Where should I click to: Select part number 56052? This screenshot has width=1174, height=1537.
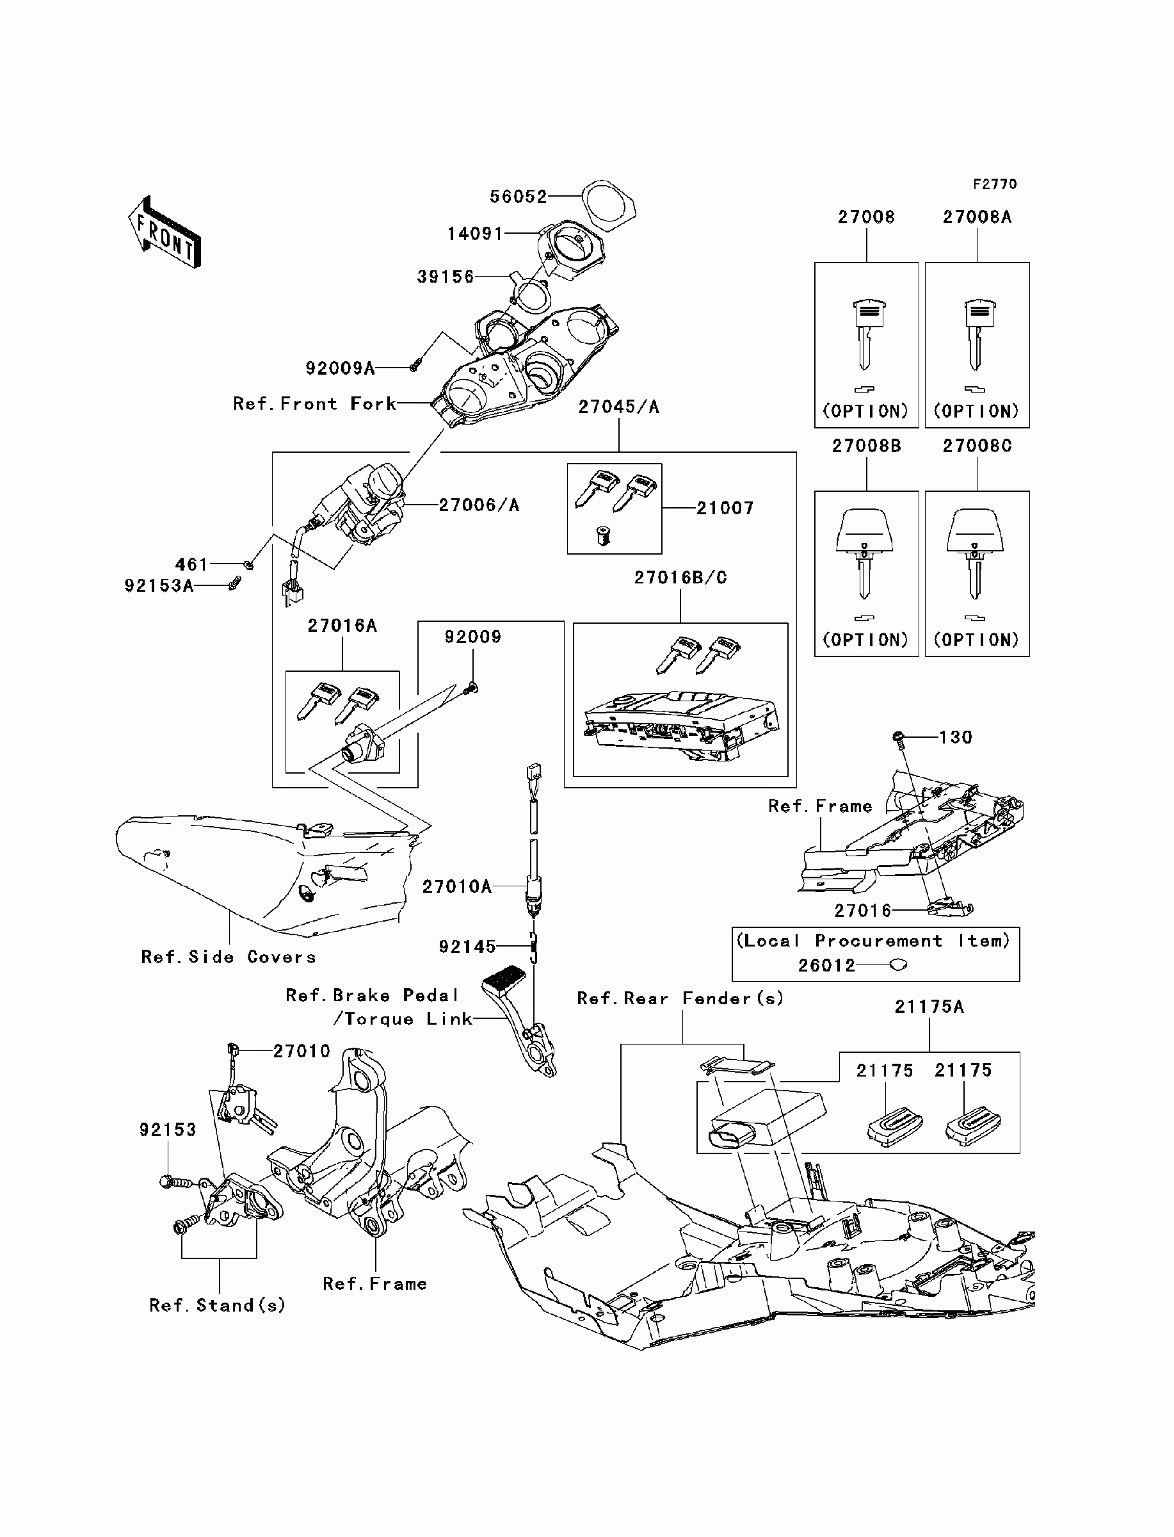point(518,197)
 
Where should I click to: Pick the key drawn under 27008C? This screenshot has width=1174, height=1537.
point(976,559)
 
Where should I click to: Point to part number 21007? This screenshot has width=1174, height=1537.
point(725,508)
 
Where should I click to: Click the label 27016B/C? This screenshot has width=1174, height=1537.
point(680,578)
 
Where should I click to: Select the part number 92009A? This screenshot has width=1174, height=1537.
point(341,368)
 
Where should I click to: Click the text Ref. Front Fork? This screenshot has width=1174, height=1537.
point(314,403)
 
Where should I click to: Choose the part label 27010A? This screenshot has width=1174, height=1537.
point(457,886)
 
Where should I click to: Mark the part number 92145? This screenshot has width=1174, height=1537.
point(467,947)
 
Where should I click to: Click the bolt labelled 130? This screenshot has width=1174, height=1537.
point(899,736)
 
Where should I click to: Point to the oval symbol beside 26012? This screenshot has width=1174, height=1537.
point(899,965)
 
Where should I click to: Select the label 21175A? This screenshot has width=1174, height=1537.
point(929,1007)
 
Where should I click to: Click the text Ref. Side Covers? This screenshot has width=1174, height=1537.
point(229,957)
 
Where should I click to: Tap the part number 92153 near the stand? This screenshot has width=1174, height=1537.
point(168,1130)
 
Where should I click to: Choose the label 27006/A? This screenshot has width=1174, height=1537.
point(479,505)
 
